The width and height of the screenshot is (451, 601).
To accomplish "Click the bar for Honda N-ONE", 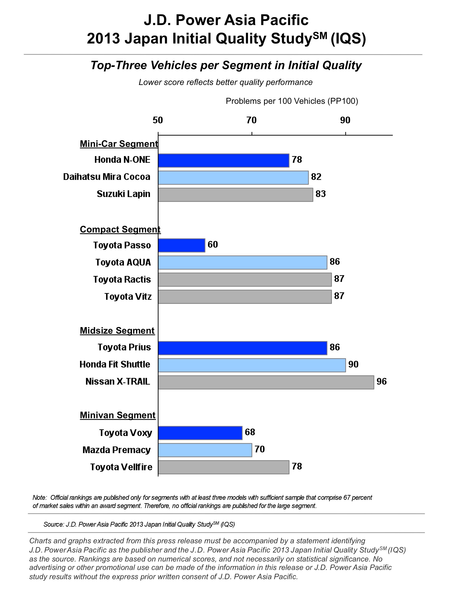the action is [223, 160].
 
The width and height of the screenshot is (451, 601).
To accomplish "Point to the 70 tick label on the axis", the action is [251, 120].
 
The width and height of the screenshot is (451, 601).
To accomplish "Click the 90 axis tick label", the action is [345, 120].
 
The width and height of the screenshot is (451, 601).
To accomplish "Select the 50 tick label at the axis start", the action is [158, 120].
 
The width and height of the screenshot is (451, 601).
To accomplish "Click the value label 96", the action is [381, 382].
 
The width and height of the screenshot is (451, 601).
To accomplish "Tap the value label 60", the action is [213, 244].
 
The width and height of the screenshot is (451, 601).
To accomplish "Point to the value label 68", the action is [250, 432].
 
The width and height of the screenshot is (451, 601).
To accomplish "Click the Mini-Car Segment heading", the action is [119, 144].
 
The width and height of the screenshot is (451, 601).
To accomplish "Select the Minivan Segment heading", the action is [118, 415].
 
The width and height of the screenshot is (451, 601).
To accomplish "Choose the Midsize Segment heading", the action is [117, 331].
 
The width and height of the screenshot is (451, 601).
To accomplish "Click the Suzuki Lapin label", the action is [123, 194].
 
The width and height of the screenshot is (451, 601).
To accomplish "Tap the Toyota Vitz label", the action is [128, 296].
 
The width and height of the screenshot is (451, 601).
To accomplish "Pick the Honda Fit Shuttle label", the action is [115, 364].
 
